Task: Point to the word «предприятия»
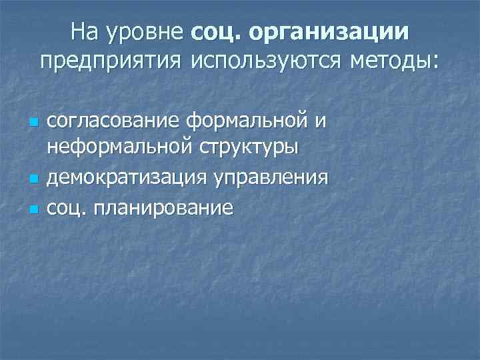(111, 61)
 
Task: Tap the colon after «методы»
(437, 63)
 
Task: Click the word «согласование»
(115, 122)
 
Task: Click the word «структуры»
(248, 147)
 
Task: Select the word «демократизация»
(127, 178)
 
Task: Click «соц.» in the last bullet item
(67, 208)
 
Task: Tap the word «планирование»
(163, 209)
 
